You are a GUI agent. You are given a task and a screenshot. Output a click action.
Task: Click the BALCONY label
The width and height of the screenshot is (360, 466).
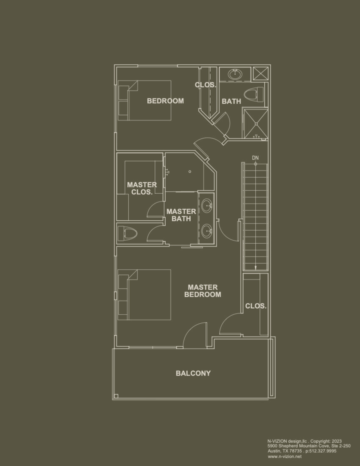(193, 373)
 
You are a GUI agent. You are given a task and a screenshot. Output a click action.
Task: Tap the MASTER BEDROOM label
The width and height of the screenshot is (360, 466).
(202, 291)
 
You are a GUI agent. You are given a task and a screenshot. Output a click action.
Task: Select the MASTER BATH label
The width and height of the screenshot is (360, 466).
(181, 215)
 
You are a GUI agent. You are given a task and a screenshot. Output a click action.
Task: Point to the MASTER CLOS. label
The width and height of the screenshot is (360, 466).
(142, 188)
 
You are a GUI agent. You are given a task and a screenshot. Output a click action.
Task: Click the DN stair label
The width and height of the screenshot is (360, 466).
(255, 158)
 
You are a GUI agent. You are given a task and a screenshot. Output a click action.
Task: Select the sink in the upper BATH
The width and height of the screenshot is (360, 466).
(235, 74)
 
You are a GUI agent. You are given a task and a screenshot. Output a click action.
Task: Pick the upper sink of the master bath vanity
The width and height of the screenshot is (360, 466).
(207, 206)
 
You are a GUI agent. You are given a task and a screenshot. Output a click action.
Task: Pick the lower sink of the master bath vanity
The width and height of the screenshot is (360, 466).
(207, 231)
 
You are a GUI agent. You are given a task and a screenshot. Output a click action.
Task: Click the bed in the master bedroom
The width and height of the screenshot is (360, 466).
(144, 295)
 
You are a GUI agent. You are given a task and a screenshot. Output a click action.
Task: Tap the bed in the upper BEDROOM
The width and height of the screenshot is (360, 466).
(144, 100)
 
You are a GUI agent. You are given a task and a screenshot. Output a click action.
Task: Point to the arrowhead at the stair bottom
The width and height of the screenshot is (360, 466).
(255, 268)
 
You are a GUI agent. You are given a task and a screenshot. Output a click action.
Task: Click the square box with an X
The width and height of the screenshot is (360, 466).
(260, 73)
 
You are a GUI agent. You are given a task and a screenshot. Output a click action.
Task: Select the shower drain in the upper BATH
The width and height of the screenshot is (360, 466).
(256, 124)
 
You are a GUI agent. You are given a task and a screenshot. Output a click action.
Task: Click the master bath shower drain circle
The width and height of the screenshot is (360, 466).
(190, 172)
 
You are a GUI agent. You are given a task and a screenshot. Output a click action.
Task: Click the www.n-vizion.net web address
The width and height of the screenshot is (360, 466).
(285, 456)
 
